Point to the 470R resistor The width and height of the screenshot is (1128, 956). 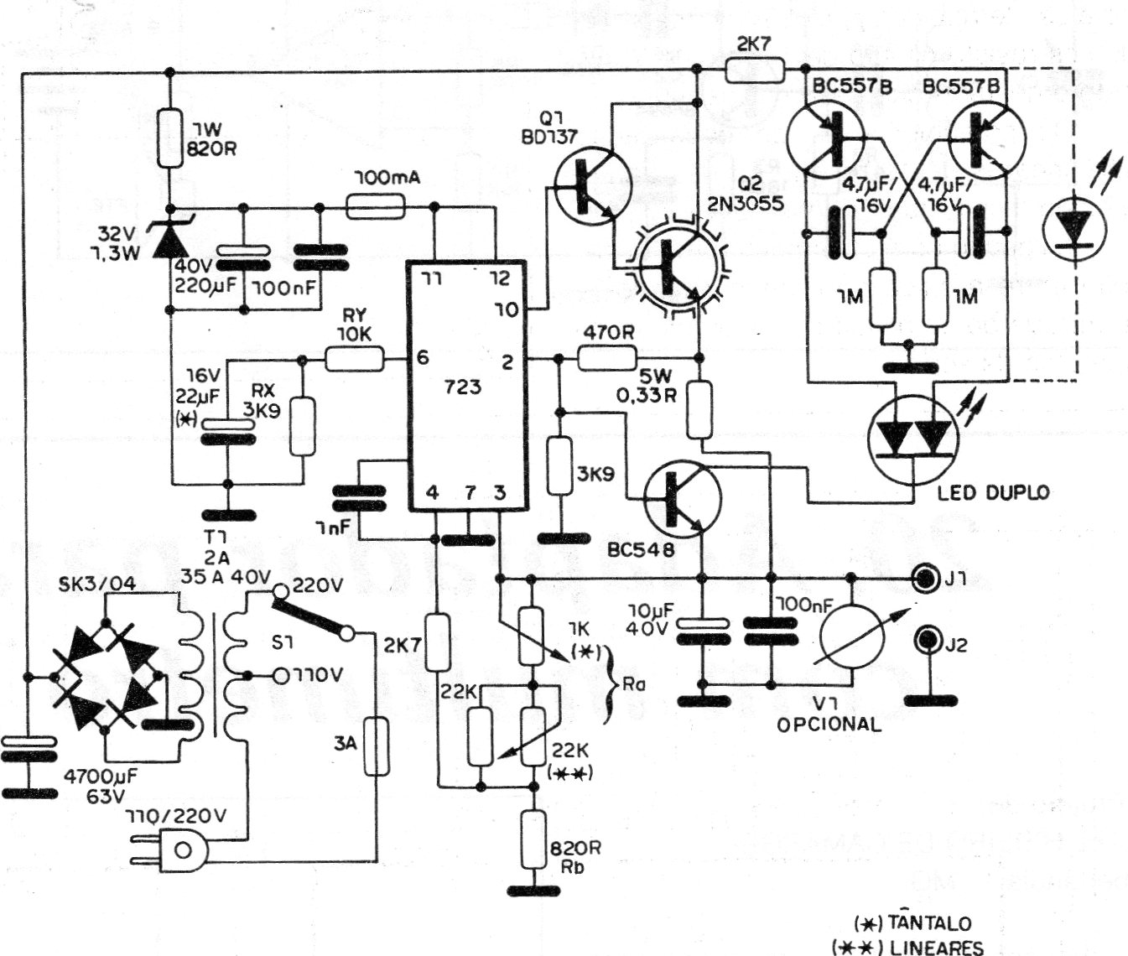[607, 359]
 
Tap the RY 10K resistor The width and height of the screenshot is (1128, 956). [354, 360]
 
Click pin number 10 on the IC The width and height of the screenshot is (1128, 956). [506, 310]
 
